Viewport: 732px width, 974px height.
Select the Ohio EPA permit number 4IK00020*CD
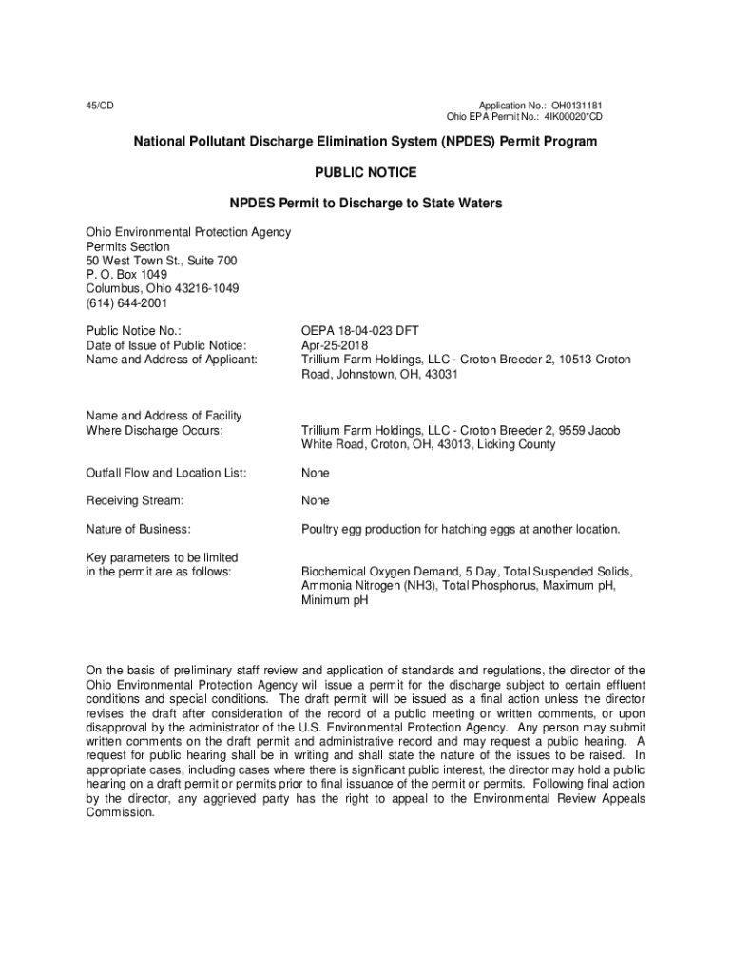click(573, 117)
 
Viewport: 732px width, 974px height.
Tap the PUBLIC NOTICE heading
click(365, 173)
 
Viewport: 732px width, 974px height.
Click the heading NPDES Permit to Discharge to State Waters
click(365, 204)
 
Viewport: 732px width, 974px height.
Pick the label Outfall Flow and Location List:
click(166, 473)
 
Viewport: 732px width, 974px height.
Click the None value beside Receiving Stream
click(316, 500)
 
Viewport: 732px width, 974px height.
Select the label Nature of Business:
click(139, 529)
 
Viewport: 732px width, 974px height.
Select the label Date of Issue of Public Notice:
click(166, 345)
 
